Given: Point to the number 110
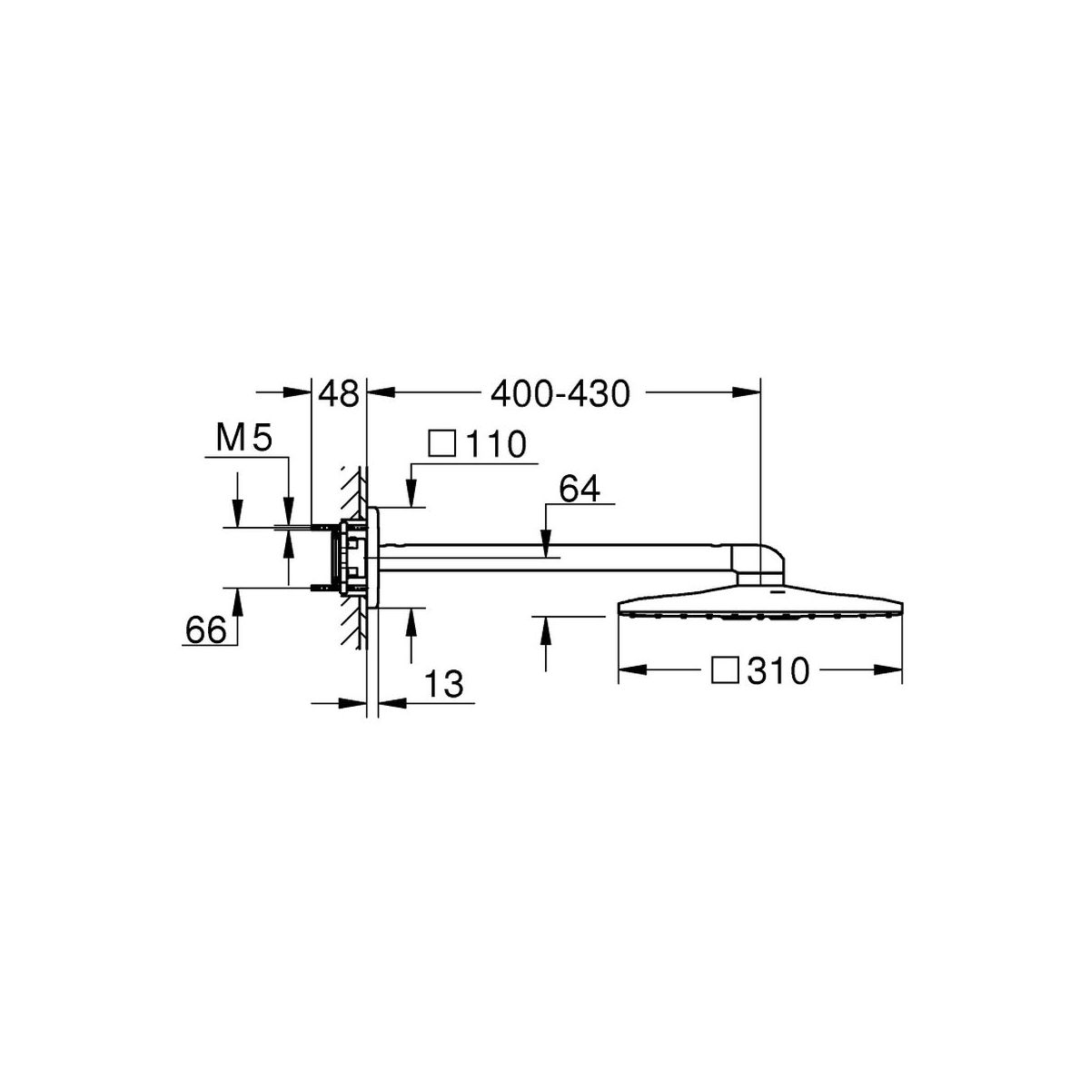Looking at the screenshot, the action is pyautogui.click(x=496, y=444).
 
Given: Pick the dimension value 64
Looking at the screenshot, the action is pyautogui.click(x=580, y=489).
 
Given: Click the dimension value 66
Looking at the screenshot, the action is pyautogui.click(x=206, y=629).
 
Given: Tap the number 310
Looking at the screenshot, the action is pyautogui.click(x=778, y=671).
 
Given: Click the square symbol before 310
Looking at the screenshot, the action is pyautogui.click(x=725, y=670).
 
